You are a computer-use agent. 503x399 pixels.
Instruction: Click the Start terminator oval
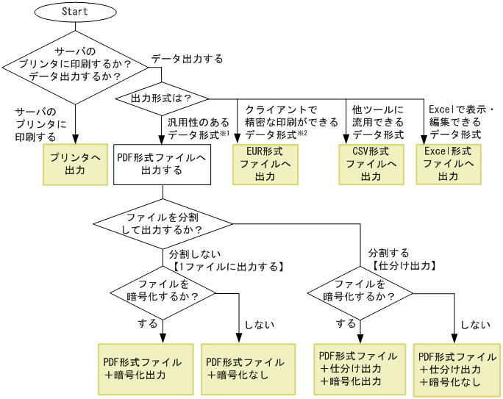click(x=75, y=12)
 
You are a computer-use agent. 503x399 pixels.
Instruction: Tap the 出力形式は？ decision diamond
click(x=161, y=98)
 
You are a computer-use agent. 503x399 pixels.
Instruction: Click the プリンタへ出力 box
click(x=75, y=164)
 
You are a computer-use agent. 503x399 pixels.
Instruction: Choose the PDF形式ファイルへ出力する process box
click(x=162, y=164)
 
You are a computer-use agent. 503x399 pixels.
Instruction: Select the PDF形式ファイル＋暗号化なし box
click(x=245, y=368)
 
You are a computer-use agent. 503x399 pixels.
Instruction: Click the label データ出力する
click(x=187, y=59)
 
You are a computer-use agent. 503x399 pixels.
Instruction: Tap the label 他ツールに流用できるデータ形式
click(x=377, y=121)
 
